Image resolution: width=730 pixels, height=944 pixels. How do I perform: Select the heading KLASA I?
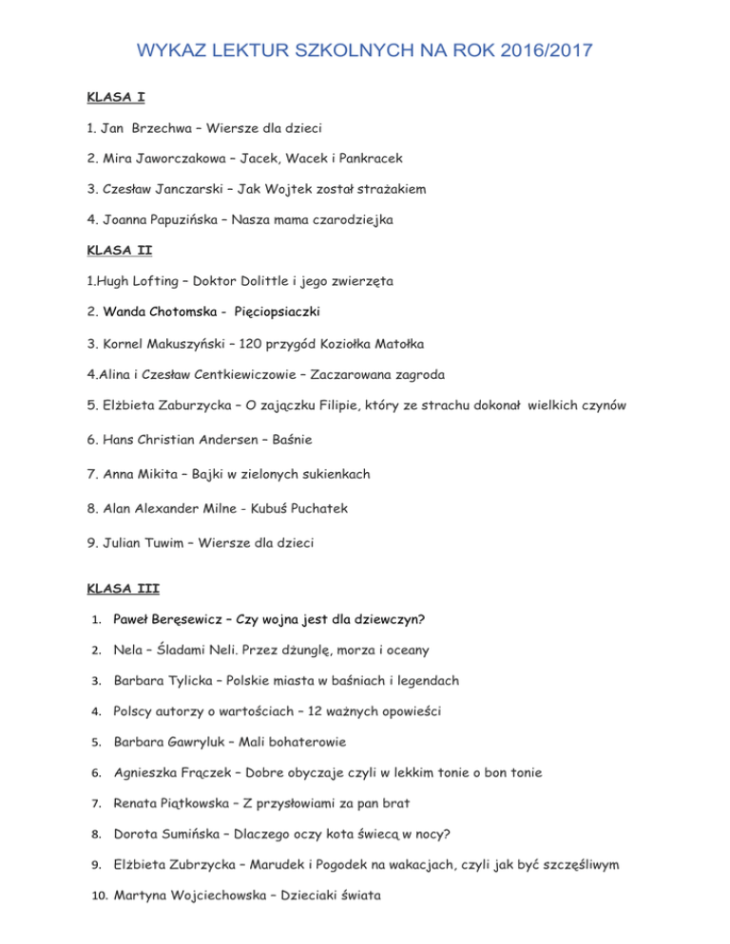115,97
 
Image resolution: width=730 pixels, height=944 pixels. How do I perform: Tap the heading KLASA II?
118,251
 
